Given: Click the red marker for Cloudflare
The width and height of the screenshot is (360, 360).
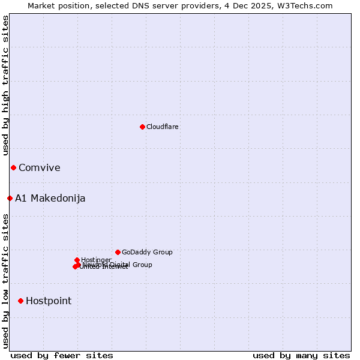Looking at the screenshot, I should pos(142,127).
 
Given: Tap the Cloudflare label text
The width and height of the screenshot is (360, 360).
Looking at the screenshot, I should pos(162,127).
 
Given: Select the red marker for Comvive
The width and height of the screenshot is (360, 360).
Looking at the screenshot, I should pos(13,167).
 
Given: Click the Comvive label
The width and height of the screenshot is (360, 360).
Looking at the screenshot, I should pos(39,168).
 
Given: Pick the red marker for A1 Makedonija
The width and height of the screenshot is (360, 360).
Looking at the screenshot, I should pos(10,198).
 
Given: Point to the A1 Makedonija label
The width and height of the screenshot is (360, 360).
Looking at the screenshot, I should pos(50,199).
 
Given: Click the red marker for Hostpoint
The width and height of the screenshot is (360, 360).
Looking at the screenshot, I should pos(20,301).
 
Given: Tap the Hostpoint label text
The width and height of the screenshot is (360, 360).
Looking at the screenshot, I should pos(48,301).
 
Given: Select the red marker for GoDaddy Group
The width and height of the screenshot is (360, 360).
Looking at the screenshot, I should pos(118,252).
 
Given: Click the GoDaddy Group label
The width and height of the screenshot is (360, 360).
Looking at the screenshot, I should pos(146,253).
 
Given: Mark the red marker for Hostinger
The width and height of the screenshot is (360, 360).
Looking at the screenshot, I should pos(77,260).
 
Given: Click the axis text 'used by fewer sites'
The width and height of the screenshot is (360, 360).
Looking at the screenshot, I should pos(62,355).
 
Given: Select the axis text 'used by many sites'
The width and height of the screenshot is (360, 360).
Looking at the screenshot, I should pos(301,355).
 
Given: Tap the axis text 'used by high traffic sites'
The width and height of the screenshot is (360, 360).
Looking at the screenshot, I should pos(5,85).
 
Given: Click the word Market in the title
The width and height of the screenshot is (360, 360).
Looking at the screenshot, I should pos(41,5).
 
